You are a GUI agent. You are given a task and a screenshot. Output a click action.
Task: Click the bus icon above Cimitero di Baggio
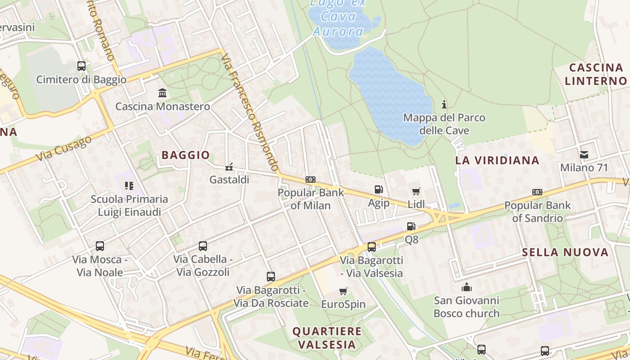tap(81, 66)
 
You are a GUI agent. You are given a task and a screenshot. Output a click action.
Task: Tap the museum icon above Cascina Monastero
tap(162, 93)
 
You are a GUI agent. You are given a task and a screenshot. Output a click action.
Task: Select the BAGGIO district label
tap(186, 155)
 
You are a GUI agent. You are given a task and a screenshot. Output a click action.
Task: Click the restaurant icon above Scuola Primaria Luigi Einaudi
tap(129, 185)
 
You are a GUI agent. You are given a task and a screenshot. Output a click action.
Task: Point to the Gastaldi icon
tap(229, 167)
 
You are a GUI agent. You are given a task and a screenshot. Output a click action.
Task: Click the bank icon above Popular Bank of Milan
tap(310, 180)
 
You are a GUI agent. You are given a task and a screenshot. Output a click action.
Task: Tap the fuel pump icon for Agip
tap(379, 190)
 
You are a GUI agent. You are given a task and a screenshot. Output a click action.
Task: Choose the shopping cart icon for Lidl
tap(416, 191)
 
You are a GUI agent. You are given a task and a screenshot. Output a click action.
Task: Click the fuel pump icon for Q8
tap(411, 226)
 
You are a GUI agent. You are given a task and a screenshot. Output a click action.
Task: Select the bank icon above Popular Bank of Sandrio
tap(537, 192)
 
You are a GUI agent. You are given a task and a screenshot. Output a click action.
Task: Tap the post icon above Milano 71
tap(584, 155)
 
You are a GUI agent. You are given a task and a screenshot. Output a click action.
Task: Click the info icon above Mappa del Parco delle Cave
tap(444, 105)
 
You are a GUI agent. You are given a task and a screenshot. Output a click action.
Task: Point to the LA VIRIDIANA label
tap(497, 160)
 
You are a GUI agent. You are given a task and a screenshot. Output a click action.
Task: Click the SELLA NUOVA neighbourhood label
tap(565, 252)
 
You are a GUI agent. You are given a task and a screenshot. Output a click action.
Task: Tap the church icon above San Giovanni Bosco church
tap(467, 287)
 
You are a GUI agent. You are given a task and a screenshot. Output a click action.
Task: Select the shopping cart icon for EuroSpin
tap(343, 292)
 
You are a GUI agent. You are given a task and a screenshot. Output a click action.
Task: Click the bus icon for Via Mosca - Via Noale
tap(100, 246)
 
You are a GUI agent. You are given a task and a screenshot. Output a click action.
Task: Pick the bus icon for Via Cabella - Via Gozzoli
tap(203, 246)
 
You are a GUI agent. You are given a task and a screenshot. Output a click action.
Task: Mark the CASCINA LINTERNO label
tap(596, 74)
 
